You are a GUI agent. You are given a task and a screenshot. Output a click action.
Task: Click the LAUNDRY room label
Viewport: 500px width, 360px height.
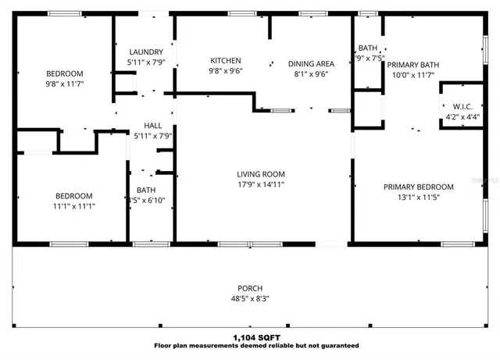pos(145,52)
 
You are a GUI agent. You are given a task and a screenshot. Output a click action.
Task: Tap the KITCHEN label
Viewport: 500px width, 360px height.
pos(226,60)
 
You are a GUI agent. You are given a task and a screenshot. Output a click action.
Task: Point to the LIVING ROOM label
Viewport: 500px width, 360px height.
pos(261,174)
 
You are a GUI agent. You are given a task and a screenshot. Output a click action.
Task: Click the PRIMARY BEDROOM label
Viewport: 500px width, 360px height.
pos(418,187)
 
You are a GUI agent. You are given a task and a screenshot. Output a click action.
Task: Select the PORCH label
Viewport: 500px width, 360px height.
pos(250,287)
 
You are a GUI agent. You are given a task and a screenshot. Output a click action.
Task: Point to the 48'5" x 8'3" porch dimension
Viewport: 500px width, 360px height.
pos(250,298)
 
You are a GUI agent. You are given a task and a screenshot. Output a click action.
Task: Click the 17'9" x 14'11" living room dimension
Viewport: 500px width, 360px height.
pos(261,184)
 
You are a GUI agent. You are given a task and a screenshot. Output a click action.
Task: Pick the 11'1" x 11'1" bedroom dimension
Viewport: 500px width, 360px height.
pos(73,206)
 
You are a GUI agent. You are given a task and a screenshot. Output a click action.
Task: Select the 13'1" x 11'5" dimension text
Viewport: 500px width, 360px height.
pos(418,197)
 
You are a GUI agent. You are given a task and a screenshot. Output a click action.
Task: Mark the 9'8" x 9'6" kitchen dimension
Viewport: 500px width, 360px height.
pos(226,70)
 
